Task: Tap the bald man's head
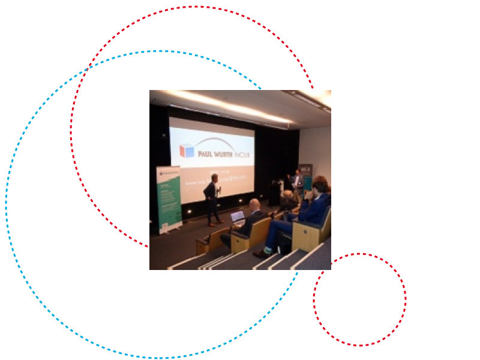click(254, 204)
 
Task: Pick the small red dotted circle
click(359, 299)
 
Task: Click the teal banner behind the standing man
click(307, 177)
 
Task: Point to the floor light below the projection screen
click(190, 211)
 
